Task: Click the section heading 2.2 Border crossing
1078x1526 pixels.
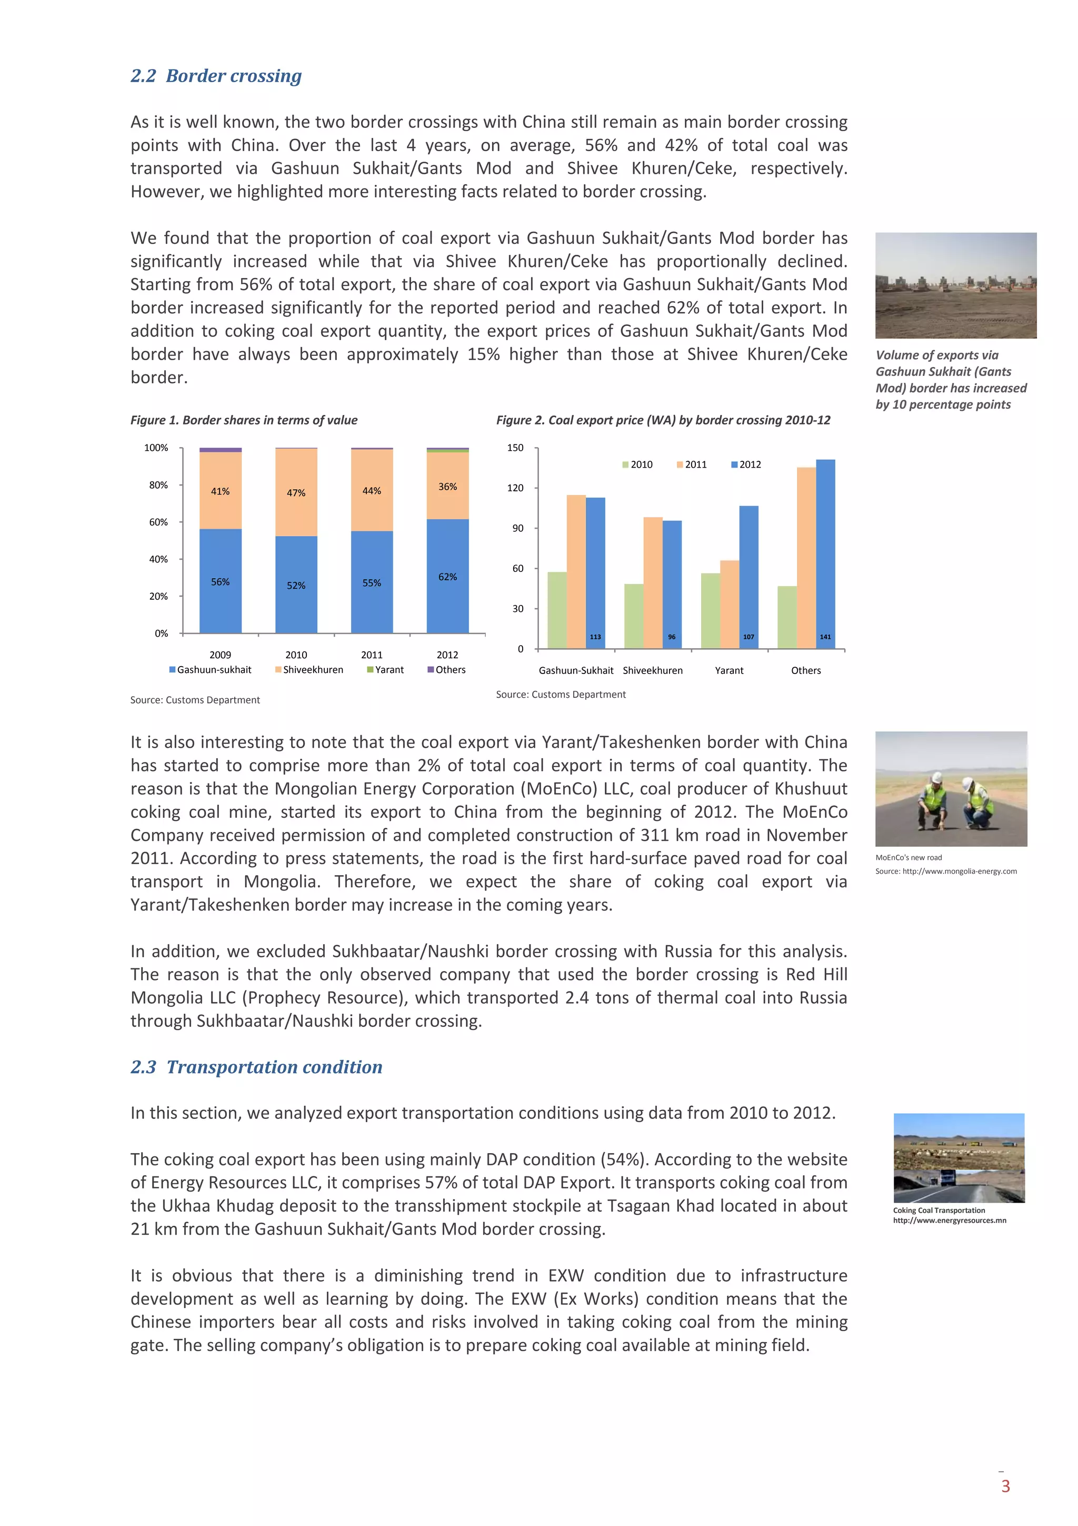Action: (216, 76)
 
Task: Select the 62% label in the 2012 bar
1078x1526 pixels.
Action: (447, 577)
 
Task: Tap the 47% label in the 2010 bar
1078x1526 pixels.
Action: (296, 492)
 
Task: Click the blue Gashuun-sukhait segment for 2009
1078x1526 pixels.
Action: (220, 598)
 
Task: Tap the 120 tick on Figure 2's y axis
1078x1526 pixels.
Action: (515, 488)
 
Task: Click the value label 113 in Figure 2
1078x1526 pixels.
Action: (595, 637)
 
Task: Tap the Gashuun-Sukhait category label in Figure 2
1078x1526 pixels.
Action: (576, 671)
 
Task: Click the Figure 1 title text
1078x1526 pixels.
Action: (244, 420)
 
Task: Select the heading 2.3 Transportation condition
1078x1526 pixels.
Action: (256, 1067)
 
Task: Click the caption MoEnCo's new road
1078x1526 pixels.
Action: (908, 857)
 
